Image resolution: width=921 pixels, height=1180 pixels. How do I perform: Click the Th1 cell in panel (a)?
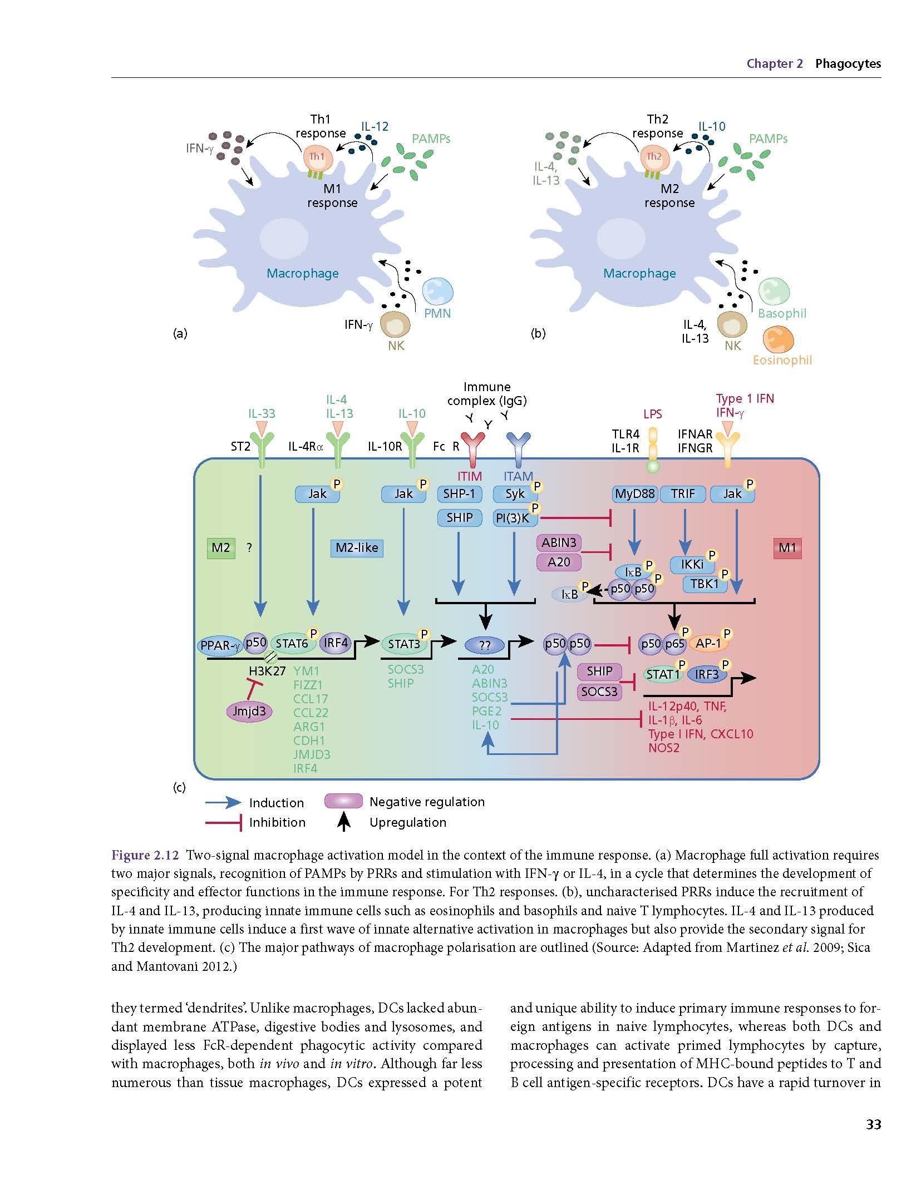318,159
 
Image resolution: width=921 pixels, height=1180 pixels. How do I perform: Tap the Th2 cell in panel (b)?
654,159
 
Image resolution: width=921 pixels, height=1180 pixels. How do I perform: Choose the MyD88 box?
635,493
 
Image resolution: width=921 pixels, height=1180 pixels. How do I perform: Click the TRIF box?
683,493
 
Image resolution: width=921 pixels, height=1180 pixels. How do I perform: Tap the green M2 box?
220,548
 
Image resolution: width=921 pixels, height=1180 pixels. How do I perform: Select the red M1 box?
787,548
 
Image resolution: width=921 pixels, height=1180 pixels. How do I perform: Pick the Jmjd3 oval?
249,711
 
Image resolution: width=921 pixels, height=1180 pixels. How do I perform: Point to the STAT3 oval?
405,644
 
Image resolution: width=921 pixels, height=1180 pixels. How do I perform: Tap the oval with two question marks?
485,645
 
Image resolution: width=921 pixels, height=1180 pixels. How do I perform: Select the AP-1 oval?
708,644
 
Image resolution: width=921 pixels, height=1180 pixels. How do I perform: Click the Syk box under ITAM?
515,493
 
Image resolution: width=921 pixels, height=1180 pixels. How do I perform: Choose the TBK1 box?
705,584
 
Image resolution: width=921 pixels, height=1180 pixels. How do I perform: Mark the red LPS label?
652,414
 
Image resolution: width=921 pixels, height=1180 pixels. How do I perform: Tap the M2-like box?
357,548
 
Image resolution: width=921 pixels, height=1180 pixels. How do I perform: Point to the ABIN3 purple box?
559,542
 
